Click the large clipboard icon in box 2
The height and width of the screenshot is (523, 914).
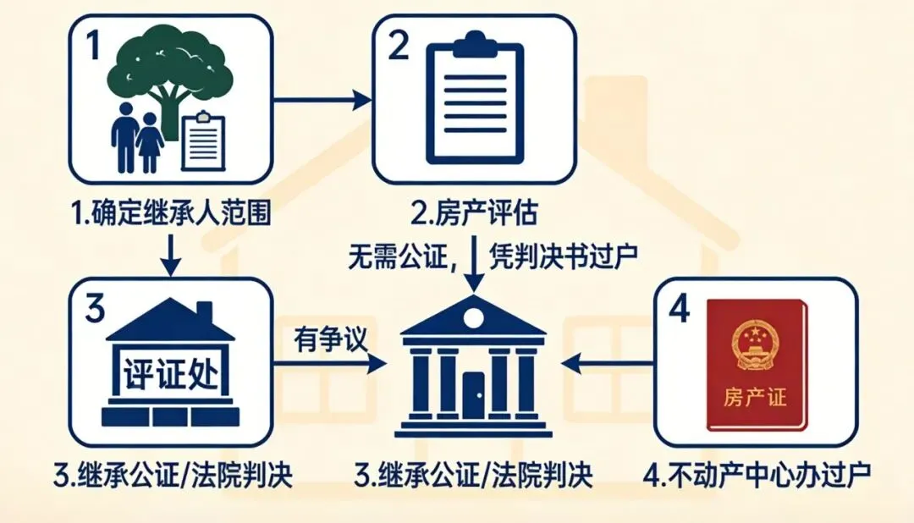pos(474,100)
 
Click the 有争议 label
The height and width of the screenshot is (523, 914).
pos(330,339)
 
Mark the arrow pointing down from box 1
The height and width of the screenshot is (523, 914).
pos(173,252)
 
